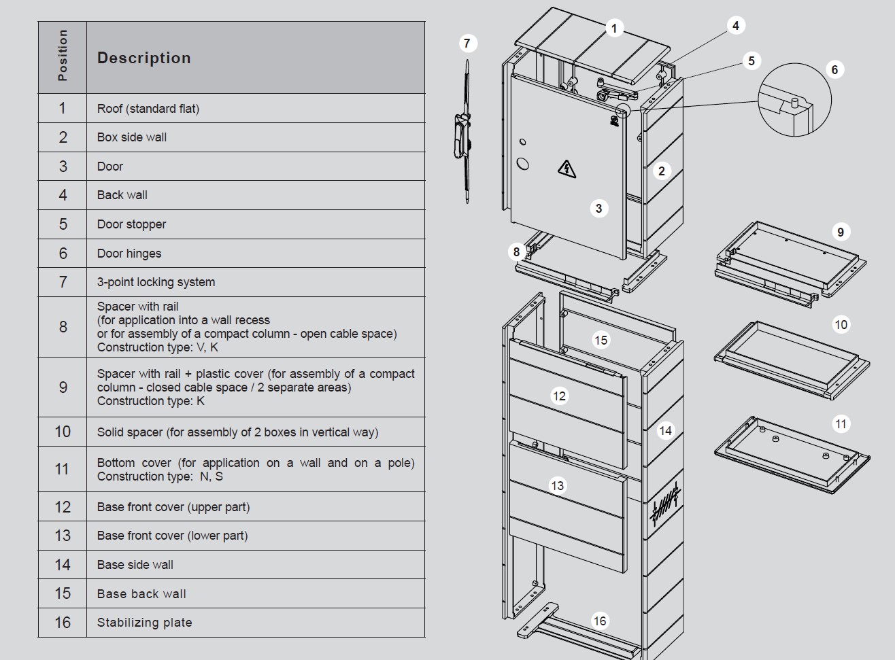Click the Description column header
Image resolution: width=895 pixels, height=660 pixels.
(x=143, y=58)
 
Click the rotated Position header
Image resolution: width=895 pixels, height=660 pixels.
(x=63, y=56)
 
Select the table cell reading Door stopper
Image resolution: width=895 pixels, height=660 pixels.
(x=131, y=224)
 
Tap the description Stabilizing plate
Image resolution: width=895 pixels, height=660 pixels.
(x=144, y=623)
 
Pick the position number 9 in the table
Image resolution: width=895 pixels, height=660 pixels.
(x=63, y=387)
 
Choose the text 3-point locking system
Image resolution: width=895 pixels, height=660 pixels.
(x=156, y=282)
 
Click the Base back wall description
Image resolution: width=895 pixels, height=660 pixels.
(x=141, y=593)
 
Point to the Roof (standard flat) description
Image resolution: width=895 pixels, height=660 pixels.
(x=148, y=109)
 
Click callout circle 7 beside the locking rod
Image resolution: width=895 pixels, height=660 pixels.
(x=467, y=44)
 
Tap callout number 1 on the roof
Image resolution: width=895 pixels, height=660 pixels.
(x=614, y=29)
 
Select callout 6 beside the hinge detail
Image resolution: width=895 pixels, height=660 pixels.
(x=834, y=69)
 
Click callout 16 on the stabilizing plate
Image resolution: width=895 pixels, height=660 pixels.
(x=599, y=621)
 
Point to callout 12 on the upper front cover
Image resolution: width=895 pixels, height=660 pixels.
(x=559, y=396)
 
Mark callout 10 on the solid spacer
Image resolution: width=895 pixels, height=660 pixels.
(x=841, y=324)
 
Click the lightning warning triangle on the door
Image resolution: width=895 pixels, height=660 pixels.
(x=567, y=168)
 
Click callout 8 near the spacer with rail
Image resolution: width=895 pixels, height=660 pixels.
(x=516, y=252)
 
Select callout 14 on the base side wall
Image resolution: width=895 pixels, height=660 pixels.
(x=665, y=430)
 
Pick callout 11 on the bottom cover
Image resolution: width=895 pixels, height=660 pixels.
(x=841, y=424)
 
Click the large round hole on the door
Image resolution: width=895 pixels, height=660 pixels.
(x=523, y=163)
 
